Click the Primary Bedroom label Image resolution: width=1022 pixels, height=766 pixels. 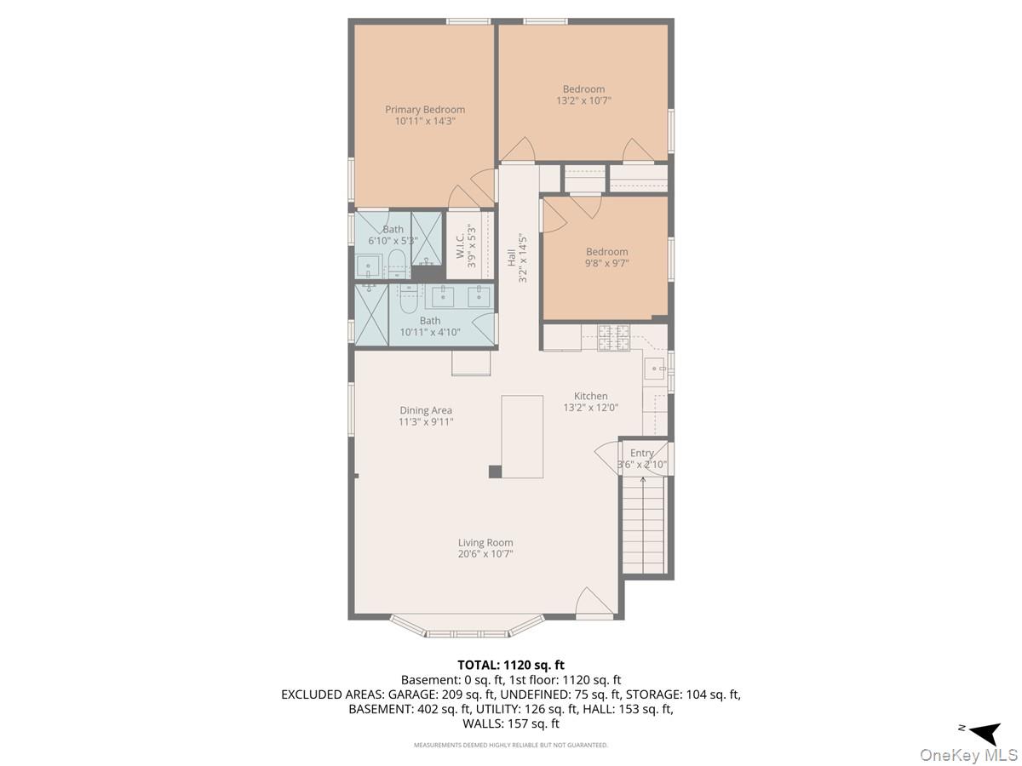425,110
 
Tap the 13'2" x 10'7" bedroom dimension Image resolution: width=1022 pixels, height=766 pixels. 583,100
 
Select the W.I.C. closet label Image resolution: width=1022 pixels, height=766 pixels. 460,246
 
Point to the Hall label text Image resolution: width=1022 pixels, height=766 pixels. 511,258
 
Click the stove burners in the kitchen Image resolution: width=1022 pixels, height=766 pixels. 613,337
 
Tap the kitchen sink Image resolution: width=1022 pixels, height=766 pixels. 655,369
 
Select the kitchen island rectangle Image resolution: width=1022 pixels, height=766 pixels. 522,437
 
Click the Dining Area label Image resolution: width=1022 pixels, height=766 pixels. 426,410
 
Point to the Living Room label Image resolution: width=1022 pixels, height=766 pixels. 485,542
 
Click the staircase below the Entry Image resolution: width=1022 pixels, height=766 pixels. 643,524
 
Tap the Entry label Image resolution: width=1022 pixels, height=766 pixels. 642,453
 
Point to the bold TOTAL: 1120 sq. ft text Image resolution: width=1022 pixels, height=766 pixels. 511,665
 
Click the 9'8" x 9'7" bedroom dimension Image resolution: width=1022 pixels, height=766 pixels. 606,263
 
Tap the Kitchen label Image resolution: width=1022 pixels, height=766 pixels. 590,396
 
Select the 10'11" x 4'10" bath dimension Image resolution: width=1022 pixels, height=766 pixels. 430,332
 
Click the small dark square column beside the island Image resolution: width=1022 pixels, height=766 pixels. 495,472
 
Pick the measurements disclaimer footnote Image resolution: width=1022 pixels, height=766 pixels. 511,745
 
